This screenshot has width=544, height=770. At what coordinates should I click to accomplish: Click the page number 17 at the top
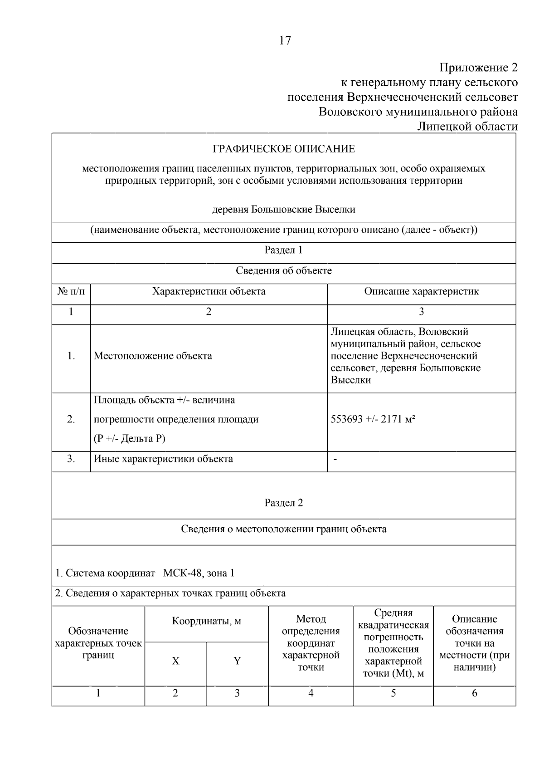pyautogui.click(x=285, y=41)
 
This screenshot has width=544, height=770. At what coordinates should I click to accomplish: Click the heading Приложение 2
pyautogui.click(x=478, y=68)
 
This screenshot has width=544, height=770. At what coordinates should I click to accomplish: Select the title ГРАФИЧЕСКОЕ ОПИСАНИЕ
pyautogui.click(x=284, y=149)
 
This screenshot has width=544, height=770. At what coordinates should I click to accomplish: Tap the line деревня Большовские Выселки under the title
pyautogui.click(x=284, y=210)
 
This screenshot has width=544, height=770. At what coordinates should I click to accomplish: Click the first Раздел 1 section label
pyautogui.click(x=284, y=250)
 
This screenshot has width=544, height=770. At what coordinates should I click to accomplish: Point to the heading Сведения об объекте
pyautogui.click(x=284, y=271)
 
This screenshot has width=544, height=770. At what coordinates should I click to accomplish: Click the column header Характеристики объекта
pyautogui.click(x=209, y=291)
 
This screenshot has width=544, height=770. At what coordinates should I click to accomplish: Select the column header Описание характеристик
pyautogui.click(x=421, y=291)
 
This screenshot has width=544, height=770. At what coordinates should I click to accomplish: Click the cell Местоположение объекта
pyautogui.click(x=153, y=356)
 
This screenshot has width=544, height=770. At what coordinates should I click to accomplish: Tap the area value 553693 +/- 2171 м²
pyautogui.click(x=373, y=419)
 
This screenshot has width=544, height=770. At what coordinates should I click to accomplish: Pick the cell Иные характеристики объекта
pyautogui.click(x=163, y=459)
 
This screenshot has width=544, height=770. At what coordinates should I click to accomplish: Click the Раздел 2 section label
pyautogui.click(x=284, y=503)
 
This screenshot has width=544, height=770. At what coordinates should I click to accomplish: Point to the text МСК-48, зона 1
pyautogui.click(x=199, y=573)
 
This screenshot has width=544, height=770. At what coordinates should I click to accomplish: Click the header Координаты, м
pyautogui.click(x=206, y=621)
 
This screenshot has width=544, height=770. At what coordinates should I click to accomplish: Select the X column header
pyautogui.click(x=175, y=661)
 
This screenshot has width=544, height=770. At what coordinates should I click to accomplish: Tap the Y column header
pyautogui.click(x=237, y=661)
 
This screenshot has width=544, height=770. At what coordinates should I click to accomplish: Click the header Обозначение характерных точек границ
pyautogui.click(x=98, y=643)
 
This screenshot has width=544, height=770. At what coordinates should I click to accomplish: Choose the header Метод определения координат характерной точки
pyautogui.click(x=311, y=643)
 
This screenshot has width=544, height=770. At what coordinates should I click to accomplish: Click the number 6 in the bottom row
pyautogui.click(x=475, y=693)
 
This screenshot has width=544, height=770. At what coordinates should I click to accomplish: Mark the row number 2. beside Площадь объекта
pyautogui.click(x=71, y=419)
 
